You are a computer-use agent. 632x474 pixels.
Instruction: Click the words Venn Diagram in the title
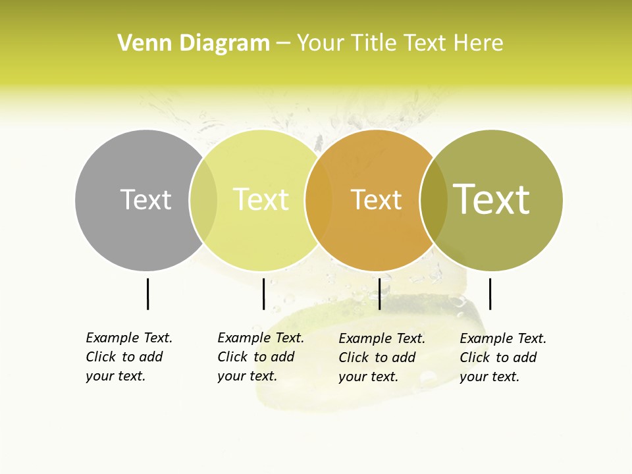pos(194,43)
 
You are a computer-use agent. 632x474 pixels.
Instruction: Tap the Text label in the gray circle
pos(145,199)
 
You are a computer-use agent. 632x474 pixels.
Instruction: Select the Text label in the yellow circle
pos(261,199)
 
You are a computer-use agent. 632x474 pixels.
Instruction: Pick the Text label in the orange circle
pos(376,199)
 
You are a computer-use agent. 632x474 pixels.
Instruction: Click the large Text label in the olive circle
pos(491,199)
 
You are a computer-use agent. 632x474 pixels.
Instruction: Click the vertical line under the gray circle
pos(147,294)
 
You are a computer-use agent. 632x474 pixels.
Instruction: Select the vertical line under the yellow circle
pos(263,294)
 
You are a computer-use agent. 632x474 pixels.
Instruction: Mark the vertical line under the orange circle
pos(379,294)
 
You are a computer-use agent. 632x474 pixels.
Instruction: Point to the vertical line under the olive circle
pos(490,294)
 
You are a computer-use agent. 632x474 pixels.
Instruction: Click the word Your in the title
pos(321,43)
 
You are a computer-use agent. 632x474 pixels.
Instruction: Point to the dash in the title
pos(283,44)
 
